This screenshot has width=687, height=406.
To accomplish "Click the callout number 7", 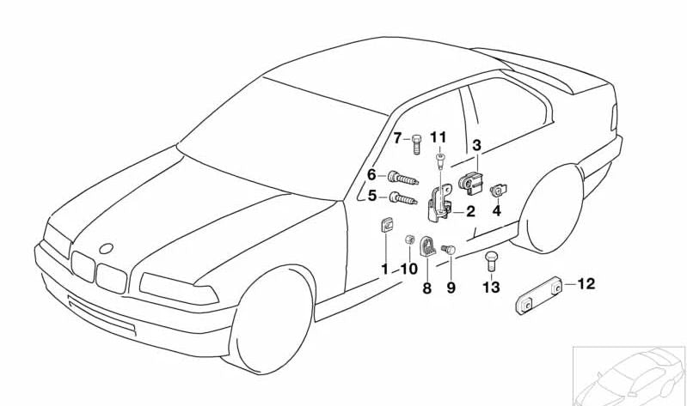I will pos(398,137).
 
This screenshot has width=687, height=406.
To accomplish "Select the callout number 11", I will pos(439,137).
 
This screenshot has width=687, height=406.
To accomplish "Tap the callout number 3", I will pos(475,146).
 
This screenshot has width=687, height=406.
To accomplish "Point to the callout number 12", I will pos(496,210).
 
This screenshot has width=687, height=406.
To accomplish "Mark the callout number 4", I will pos(496,210).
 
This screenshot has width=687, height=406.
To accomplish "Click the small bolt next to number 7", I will pos(416,142).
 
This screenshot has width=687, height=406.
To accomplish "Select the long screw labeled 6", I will pos(403,179).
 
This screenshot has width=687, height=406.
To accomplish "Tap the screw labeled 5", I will pos(403,200).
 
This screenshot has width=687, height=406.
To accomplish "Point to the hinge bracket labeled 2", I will pos(445,202).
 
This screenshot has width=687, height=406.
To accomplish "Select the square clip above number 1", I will pos(386,227).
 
